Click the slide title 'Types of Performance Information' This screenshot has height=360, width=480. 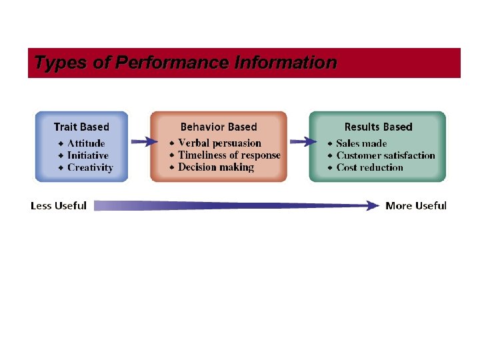[185, 63]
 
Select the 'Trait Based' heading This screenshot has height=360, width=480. [81, 127]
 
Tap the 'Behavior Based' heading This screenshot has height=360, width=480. [219, 127]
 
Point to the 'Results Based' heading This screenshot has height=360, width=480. [378, 127]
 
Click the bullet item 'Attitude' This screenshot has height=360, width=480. [86, 143]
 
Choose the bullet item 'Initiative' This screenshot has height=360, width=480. [87, 155]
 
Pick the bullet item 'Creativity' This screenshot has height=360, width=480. [90, 167]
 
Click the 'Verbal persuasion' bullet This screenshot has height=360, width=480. [219, 143]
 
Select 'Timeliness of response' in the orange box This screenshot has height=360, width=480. [229, 155]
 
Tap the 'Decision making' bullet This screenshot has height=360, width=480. [216, 167]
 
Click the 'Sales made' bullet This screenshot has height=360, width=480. [361, 143]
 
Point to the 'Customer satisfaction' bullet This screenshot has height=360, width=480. [385, 155]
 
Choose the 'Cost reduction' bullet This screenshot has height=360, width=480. [370, 167]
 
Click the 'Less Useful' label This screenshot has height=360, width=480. [59, 205]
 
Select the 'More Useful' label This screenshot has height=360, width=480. [416, 205]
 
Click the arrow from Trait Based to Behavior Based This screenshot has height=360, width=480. [144, 141]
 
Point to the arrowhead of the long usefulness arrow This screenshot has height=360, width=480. [372, 206]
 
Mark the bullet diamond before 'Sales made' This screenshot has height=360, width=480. [330, 143]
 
